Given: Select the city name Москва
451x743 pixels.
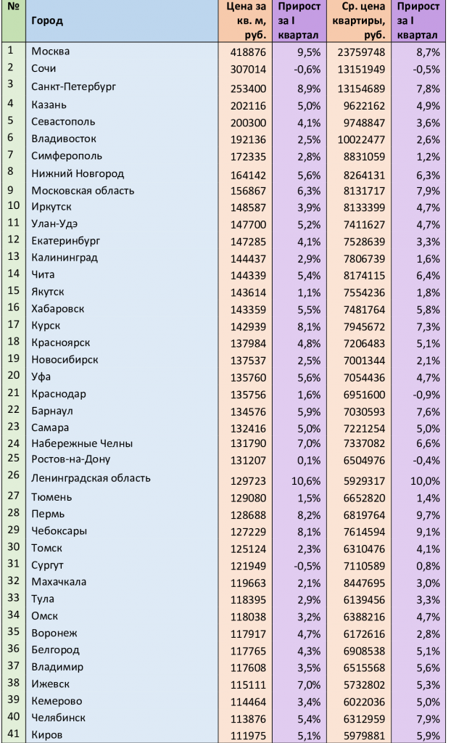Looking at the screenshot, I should click(51, 52).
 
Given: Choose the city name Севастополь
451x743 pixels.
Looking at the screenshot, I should click(63, 121).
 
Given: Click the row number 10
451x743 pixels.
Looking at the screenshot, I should click(13, 206).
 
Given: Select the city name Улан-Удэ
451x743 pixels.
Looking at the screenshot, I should click(54, 223).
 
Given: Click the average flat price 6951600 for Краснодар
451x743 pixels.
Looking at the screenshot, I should click(363, 394).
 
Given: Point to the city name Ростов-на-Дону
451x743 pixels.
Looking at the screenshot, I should click(70, 459).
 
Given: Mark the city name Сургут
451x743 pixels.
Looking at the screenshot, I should click(48, 564).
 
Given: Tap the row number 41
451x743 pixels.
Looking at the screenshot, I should click(13, 734).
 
